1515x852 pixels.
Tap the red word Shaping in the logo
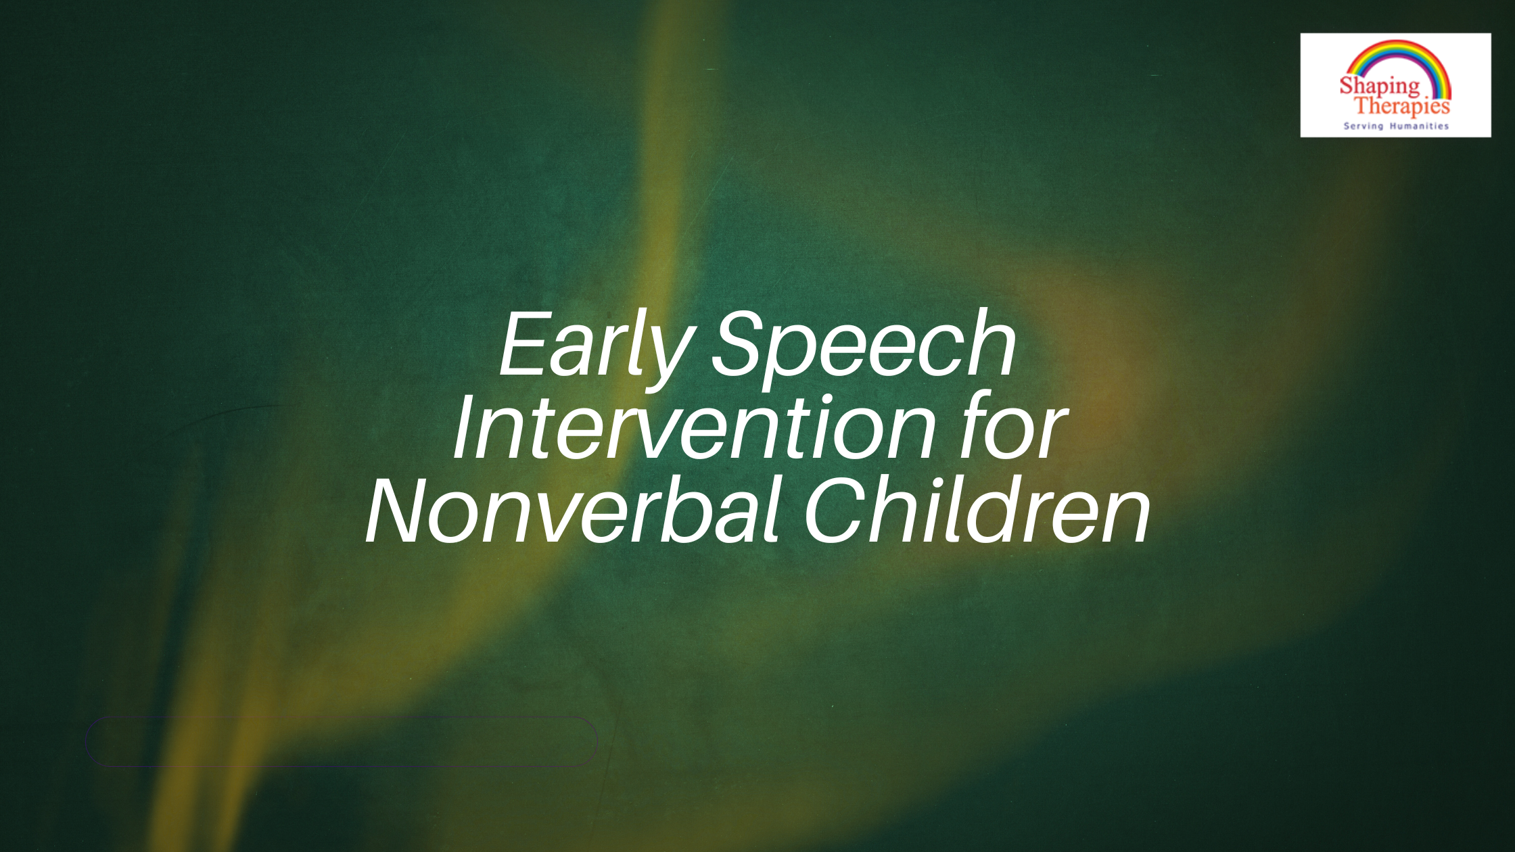1380,87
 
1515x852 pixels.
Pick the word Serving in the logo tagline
1363,126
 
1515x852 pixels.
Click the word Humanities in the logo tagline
1419,126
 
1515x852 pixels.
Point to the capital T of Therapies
1363,105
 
